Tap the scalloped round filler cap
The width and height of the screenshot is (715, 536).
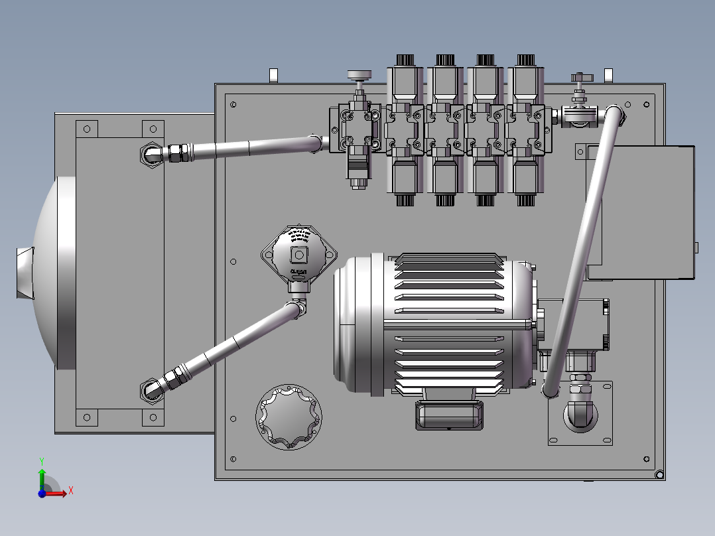point(289,416)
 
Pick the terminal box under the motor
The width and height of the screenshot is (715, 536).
point(449,415)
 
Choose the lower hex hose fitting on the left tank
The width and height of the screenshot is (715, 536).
point(150,389)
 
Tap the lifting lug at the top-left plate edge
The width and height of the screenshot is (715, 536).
point(272,75)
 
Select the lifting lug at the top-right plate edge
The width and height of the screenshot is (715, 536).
point(607,75)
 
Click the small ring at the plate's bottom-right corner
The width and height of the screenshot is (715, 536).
point(659,474)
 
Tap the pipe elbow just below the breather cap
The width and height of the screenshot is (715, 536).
point(298,308)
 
